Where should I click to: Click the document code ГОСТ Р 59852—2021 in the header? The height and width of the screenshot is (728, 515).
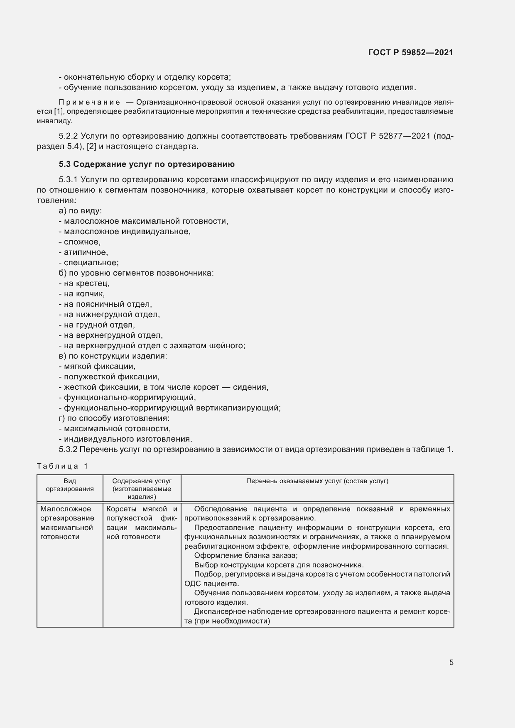coord(410,52)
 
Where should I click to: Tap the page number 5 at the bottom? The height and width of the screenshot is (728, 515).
coord(451,662)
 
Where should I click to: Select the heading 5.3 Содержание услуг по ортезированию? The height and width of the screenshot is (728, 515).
coord(147,164)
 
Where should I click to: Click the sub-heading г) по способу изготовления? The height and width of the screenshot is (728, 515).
coord(114,418)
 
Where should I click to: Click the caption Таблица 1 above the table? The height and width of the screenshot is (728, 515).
coord(62,466)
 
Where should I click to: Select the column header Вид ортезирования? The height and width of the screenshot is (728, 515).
coord(70,485)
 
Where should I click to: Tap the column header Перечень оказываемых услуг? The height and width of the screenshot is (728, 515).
coord(317,481)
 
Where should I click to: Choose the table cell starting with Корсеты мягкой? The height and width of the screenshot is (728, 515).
coord(142,523)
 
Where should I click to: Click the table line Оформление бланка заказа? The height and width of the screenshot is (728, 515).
coord(245,556)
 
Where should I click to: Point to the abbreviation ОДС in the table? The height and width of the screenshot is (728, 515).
coord(192,584)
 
